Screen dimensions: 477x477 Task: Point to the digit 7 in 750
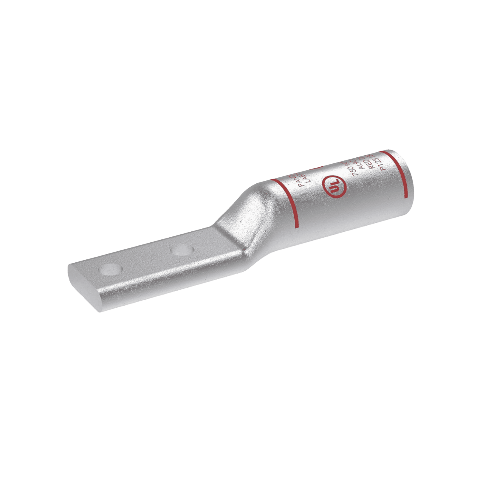(354, 176)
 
